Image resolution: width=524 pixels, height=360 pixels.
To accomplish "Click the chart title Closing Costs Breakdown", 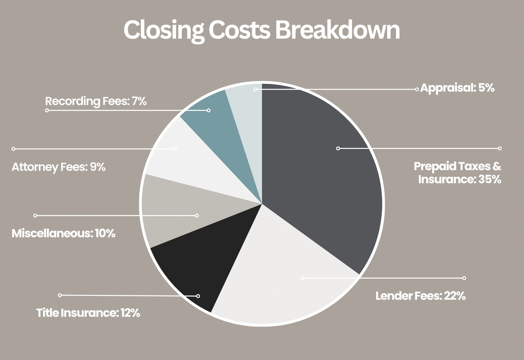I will click(261, 30).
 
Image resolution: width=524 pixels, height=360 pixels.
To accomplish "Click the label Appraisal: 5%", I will click(457, 88).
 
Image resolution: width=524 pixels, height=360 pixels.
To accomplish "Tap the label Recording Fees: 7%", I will click(96, 101).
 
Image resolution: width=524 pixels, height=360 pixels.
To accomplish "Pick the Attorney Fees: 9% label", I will click(59, 167).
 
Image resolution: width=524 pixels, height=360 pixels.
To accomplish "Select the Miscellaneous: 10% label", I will click(64, 233).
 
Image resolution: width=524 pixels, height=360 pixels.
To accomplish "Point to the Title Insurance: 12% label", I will click(88, 313).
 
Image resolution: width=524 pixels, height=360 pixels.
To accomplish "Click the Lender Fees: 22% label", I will click(421, 296).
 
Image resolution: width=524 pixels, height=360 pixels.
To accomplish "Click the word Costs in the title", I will click(239, 30).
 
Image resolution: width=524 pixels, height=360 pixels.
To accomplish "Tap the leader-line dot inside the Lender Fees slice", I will click(302, 278).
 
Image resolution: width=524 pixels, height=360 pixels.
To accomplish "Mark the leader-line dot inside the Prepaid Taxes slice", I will click(338, 148).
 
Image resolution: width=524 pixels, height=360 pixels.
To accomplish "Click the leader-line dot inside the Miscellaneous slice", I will click(197, 215).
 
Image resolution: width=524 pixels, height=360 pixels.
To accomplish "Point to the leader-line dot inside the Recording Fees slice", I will click(209, 110).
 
